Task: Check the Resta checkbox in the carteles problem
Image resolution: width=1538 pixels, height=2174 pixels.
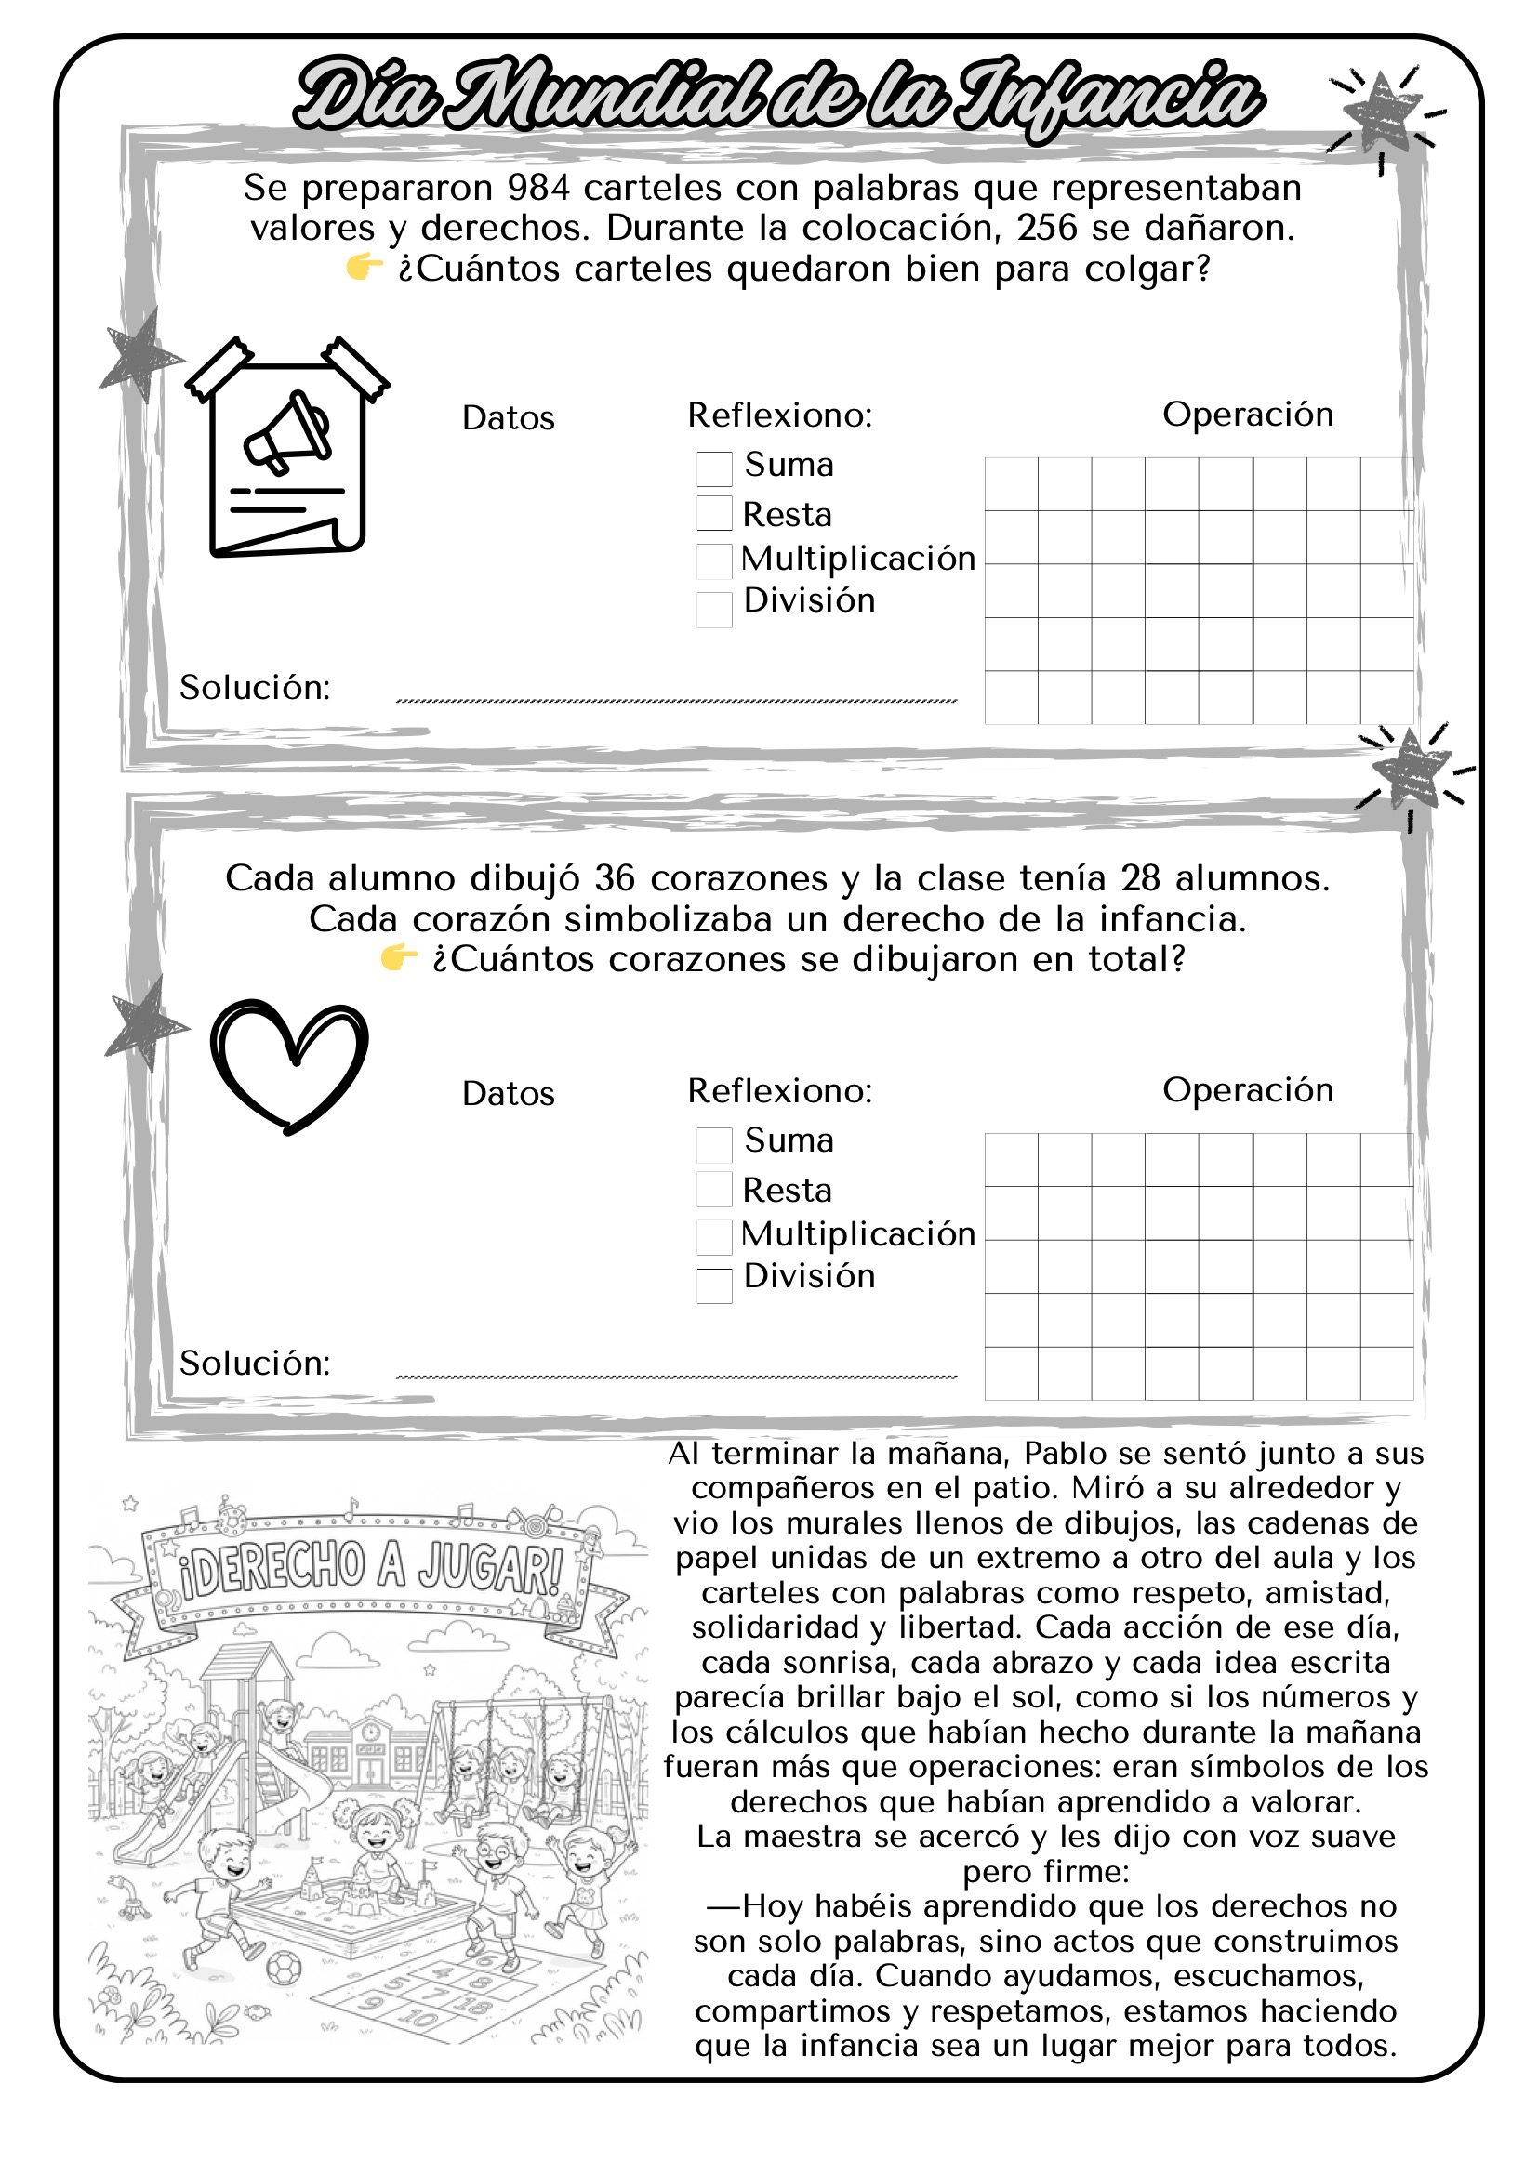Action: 714,513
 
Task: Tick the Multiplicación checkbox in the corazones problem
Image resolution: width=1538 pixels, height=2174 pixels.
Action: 714,1235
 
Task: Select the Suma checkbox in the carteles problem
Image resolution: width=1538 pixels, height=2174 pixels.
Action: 714,468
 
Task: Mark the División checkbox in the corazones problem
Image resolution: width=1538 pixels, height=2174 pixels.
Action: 714,1285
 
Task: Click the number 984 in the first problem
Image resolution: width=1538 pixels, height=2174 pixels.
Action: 537,189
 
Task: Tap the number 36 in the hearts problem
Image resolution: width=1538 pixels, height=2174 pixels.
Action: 615,878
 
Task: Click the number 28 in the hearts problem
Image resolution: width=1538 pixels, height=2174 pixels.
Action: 1140,878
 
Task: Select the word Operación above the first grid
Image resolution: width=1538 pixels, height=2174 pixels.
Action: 1247,415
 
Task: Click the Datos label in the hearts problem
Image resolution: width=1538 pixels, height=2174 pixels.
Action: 508,1094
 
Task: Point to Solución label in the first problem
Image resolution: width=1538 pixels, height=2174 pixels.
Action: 255,688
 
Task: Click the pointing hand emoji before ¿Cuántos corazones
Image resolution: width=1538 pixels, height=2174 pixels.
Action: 399,958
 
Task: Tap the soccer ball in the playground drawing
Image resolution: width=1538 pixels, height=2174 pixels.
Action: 285,1969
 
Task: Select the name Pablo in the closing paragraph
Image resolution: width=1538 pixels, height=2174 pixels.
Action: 1066,1454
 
